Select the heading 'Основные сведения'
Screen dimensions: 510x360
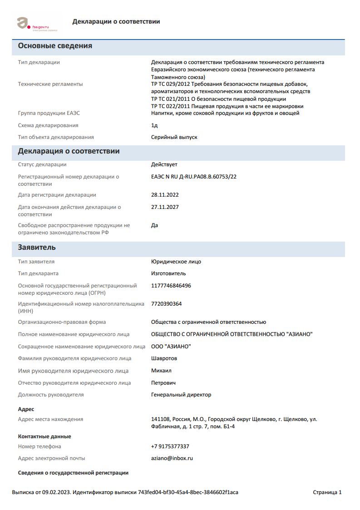click(x=55, y=46)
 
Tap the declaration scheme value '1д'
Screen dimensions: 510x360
click(x=154, y=125)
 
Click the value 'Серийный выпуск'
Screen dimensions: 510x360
click(x=174, y=137)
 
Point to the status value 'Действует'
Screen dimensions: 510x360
click(x=164, y=164)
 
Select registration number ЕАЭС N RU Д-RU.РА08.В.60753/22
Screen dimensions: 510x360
click(x=193, y=177)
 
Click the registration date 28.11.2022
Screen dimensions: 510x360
click(x=165, y=195)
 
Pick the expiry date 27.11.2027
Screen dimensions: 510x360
click(x=165, y=207)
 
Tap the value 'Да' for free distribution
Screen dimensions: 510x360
click(x=154, y=225)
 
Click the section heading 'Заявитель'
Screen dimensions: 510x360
click(x=37, y=248)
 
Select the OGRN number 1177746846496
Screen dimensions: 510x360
click(x=171, y=286)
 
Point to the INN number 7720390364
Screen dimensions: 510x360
click(x=166, y=304)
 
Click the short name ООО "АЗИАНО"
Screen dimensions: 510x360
click(x=171, y=347)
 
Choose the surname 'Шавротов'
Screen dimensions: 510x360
click(x=164, y=358)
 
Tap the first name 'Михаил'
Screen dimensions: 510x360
click(x=161, y=371)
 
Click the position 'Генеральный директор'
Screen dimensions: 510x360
click(x=181, y=395)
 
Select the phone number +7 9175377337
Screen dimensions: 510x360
click(x=170, y=446)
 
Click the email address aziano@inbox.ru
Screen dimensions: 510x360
click(x=172, y=458)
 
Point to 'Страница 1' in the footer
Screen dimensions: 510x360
click(x=327, y=492)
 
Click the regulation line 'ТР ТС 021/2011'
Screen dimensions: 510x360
click(x=218, y=99)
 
